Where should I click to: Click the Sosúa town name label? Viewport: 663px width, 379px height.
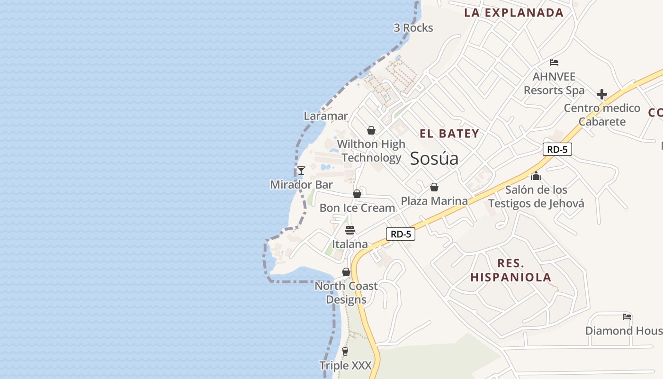(434, 158)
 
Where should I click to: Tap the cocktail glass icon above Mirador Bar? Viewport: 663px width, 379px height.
(301, 171)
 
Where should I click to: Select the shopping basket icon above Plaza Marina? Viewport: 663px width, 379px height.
(434, 188)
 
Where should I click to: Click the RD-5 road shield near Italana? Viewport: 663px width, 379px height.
(400, 234)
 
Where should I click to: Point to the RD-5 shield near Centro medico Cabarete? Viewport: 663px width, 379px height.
(557, 150)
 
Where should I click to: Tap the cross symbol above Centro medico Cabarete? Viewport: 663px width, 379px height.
(602, 94)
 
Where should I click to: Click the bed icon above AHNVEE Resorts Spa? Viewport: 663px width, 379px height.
(554, 63)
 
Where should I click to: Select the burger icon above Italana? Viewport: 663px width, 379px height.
(350, 231)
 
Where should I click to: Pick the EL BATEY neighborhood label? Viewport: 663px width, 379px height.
(449, 134)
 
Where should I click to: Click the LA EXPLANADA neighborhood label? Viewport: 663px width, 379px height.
(514, 13)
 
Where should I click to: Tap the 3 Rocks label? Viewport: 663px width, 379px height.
(413, 28)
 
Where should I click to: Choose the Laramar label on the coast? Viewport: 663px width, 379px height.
(326, 116)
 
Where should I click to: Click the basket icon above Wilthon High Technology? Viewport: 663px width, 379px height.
(371, 130)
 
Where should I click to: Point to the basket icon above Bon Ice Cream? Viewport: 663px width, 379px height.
(357, 194)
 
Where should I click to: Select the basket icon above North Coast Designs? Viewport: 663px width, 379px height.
(346, 272)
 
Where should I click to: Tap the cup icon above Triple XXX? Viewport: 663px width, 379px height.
(345, 352)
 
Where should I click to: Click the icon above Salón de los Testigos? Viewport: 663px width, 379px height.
(536, 176)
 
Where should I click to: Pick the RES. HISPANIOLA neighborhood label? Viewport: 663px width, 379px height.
(511, 271)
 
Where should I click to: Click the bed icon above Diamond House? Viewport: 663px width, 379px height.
(627, 317)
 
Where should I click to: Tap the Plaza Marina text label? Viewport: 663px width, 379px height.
(434, 201)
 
